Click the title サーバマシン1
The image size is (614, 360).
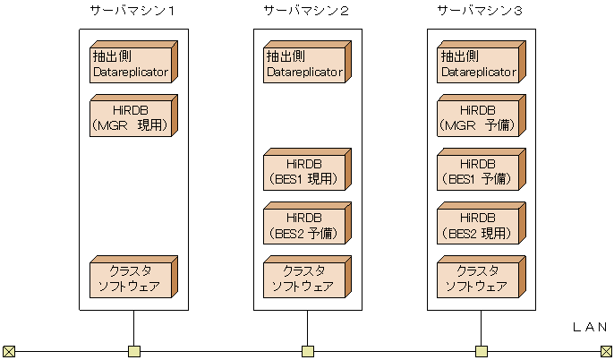pos(132,11)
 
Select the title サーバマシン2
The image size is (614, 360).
pos(306,11)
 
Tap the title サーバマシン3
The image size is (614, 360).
pos(480,11)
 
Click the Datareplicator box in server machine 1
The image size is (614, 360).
pos(131,64)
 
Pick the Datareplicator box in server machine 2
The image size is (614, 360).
pos(304,64)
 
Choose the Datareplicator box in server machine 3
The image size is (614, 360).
pos(478,64)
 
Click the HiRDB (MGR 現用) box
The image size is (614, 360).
pos(131,117)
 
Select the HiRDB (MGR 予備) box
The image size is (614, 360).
pos(478,117)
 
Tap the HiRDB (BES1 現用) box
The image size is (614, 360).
pos(304,171)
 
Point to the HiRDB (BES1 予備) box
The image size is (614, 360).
pos(478,171)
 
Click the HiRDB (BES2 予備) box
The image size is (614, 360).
pos(304,227)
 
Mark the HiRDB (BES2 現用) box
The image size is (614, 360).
pos(478,227)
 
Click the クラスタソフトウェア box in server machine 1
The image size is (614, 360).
pos(131,279)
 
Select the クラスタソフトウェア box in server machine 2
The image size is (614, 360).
pos(304,279)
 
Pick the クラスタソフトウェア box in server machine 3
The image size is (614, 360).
pos(478,279)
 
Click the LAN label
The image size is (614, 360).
pos(589,328)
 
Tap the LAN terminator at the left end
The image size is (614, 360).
pos(9,351)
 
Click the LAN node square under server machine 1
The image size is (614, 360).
pos(133,351)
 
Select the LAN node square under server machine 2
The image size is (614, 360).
pos(307,351)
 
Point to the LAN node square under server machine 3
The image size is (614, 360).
pos(481,351)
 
